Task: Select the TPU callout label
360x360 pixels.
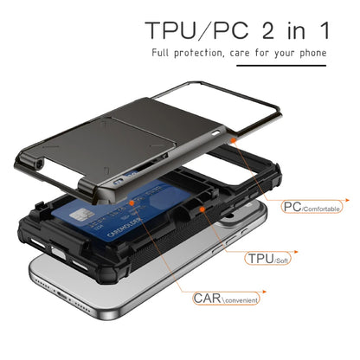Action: (259, 258)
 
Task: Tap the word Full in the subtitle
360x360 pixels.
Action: (163, 54)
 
